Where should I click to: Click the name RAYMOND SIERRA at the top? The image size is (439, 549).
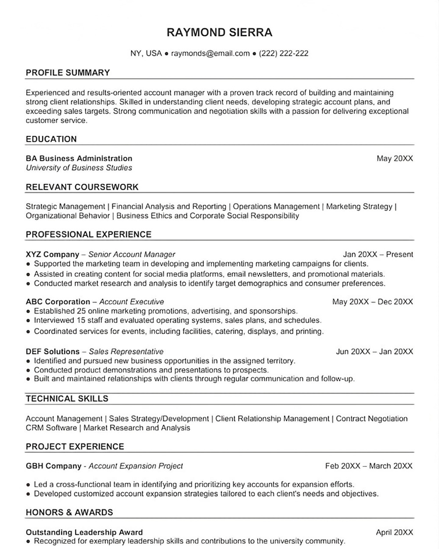click(x=219, y=32)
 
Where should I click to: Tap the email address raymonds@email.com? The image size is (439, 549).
click(x=210, y=53)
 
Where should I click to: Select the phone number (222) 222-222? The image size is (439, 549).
click(x=284, y=53)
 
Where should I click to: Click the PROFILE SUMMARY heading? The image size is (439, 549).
click(x=68, y=73)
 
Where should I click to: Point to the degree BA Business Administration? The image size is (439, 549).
click(x=79, y=159)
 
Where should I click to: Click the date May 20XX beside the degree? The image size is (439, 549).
click(x=395, y=159)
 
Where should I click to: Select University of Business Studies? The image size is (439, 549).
click(x=79, y=168)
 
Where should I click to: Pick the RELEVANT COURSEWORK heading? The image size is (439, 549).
click(x=82, y=187)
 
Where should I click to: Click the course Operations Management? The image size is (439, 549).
click(x=276, y=206)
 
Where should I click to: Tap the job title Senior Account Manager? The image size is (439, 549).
click(x=132, y=254)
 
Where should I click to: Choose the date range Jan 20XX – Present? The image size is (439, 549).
click(x=378, y=254)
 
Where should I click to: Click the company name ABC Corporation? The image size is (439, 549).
click(x=58, y=302)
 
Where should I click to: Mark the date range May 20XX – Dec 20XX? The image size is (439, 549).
click(x=373, y=302)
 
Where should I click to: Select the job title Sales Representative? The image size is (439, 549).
click(x=126, y=351)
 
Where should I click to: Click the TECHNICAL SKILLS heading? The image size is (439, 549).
click(x=67, y=399)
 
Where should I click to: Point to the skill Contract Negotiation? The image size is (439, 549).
click(x=371, y=418)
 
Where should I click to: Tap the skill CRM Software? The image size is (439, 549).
click(x=51, y=428)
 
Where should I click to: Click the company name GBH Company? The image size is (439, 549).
click(x=54, y=466)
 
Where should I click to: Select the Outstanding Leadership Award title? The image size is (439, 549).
click(x=84, y=532)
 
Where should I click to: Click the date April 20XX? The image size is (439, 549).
click(x=394, y=532)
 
